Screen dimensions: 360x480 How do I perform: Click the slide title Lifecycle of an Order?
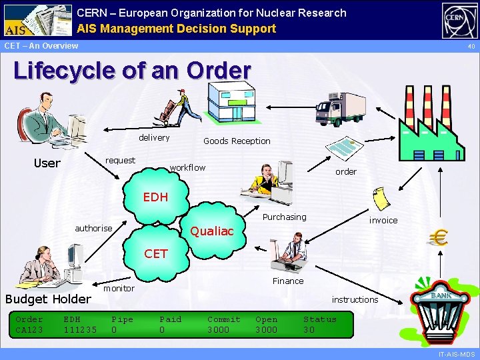tap(132, 71)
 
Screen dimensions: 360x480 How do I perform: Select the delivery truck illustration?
tap(341, 108)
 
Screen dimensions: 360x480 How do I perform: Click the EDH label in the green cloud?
tap(155, 197)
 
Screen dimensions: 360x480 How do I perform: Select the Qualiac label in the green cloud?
tap(212, 231)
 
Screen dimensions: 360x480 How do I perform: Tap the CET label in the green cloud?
tap(156, 253)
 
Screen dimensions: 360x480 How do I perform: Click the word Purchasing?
tap(285, 217)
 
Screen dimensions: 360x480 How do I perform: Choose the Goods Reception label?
tap(237, 141)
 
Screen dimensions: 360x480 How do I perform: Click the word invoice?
tap(383, 220)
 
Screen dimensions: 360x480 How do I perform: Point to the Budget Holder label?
tap(48, 299)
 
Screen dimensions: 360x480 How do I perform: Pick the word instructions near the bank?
tap(355, 299)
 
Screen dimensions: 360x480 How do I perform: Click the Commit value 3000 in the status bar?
tap(219, 329)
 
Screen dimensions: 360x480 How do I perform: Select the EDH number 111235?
tap(80, 329)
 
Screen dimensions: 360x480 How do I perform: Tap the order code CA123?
tap(29, 329)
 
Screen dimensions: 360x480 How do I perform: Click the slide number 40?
tap(471, 47)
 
